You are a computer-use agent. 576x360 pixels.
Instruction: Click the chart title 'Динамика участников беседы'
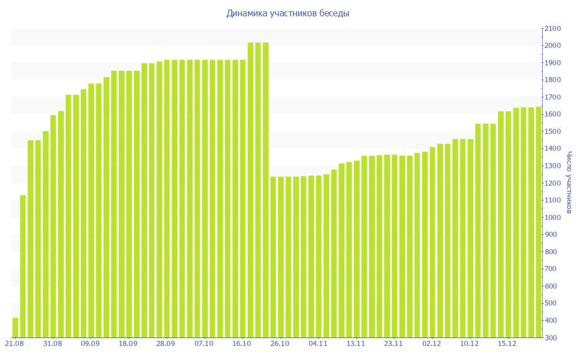287,13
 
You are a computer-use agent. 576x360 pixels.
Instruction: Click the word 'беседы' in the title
336,13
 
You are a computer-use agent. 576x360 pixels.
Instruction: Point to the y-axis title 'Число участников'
569,182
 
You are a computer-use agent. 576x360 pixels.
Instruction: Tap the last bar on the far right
538,222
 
